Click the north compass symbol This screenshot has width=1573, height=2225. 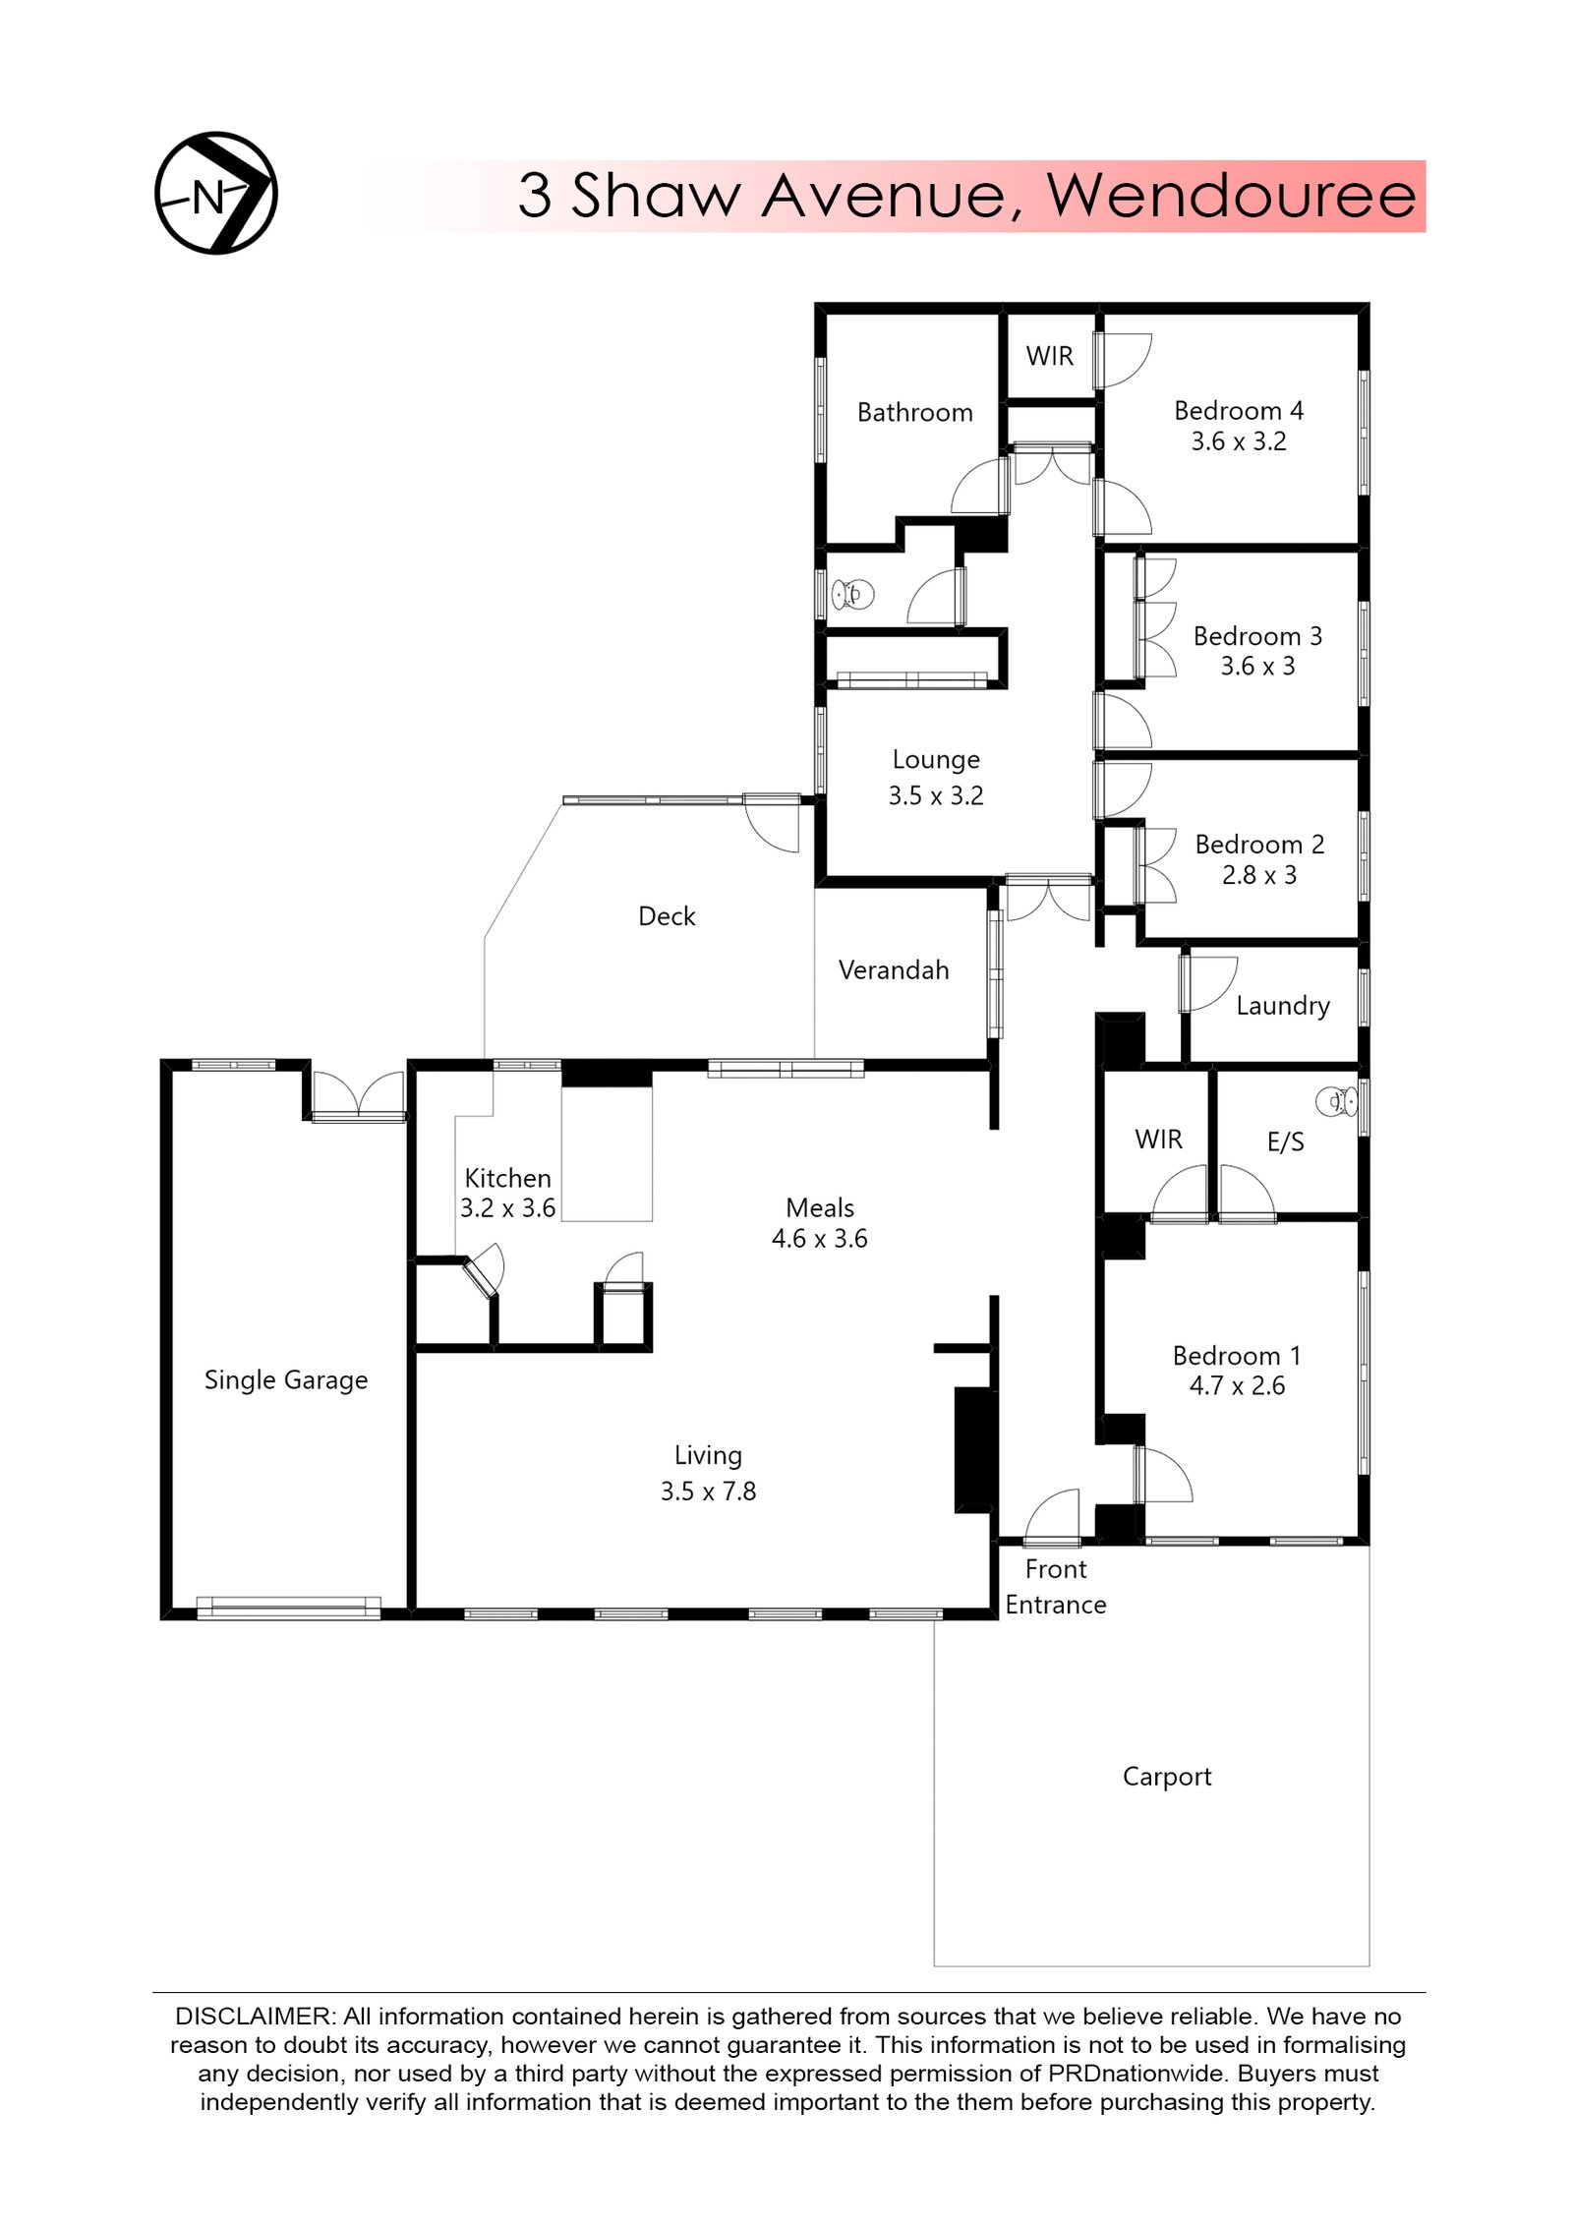[x=216, y=193]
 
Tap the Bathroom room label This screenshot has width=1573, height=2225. [x=914, y=412]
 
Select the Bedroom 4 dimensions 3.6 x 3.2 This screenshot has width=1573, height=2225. [x=1238, y=441]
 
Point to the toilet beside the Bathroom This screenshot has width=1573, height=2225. [x=852, y=594]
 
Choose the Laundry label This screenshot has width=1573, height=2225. [x=1282, y=1006]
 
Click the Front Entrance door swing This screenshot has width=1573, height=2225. [x=1052, y=1515]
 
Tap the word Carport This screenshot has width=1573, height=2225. [x=1166, y=1777]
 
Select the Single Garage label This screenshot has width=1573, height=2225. [x=286, y=1380]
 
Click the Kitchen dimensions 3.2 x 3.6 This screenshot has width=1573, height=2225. [x=507, y=1207]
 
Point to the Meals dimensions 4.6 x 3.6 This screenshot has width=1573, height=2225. [x=819, y=1238]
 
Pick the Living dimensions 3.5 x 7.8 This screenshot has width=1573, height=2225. [x=708, y=1491]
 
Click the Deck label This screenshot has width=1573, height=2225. [x=667, y=916]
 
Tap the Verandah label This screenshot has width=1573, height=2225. [x=894, y=970]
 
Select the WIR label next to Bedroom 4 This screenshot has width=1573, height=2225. [x=1049, y=356]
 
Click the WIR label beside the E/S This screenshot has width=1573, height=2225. [x=1158, y=1139]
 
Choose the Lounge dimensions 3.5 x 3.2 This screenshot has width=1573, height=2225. [x=936, y=795]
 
